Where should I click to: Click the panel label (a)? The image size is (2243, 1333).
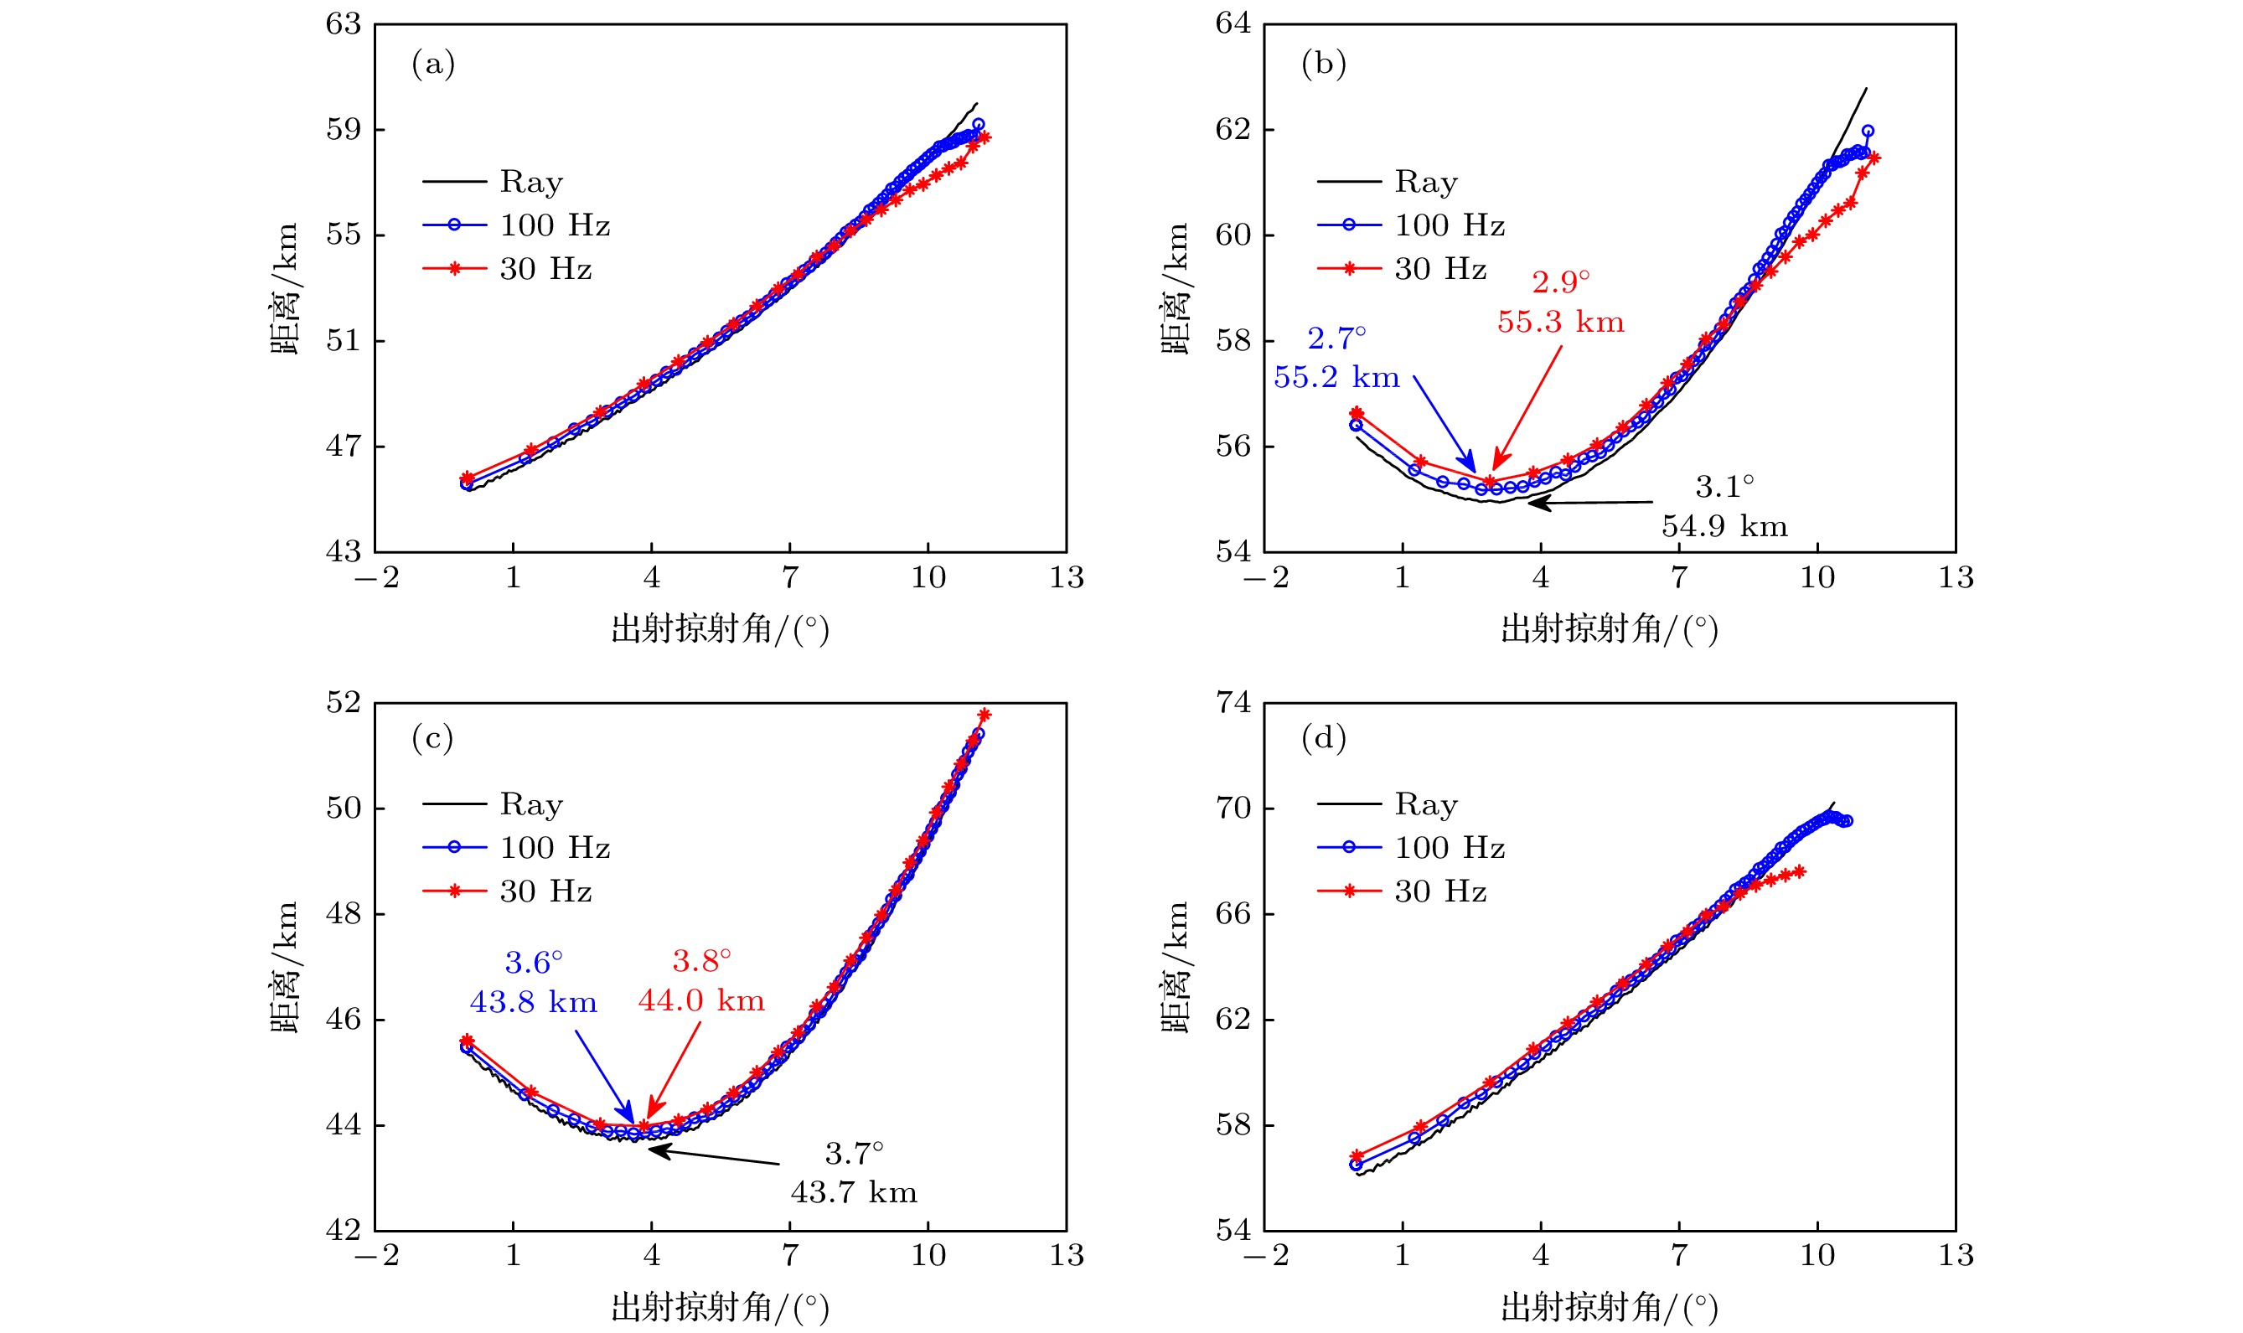(x=433, y=65)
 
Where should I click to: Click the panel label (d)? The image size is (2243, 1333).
(x=1323, y=738)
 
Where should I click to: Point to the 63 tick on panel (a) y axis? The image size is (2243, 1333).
(x=344, y=24)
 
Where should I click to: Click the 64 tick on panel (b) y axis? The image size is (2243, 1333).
(x=1233, y=24)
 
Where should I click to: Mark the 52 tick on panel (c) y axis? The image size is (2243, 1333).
(x=344, y=702)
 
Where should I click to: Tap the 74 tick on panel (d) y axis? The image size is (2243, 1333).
(x=1233, y=702)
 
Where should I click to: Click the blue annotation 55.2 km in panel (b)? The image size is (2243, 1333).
(x=1336, y=378)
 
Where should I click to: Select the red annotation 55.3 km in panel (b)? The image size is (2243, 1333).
(x=1560, y=323)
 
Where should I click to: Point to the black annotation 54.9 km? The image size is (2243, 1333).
(x=1724, y=526)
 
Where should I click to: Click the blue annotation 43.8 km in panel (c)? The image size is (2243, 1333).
(x=533, y=1002)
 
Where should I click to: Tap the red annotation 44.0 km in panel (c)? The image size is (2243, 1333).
(x=701, y=1000)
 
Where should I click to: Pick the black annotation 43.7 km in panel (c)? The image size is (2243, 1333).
(x=853, y=1193)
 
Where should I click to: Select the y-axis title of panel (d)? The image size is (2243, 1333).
(x=1176, y=967)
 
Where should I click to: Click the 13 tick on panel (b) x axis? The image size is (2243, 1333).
(x=1956, y=577)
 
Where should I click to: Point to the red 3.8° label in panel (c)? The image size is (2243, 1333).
(x=701, y=962)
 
